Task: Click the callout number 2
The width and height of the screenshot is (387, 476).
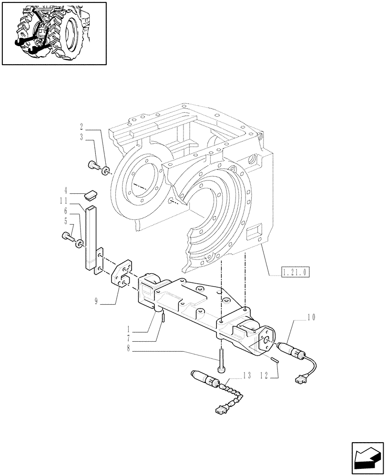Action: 81,127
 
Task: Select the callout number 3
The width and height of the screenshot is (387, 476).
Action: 81,137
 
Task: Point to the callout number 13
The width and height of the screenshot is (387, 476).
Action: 246,376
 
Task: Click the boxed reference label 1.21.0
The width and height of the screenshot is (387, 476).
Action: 295,272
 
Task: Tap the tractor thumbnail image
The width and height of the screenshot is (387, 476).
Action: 53,32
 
